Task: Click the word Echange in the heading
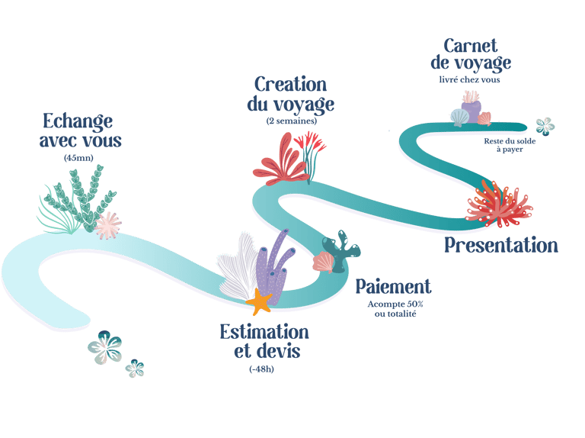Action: click(x=78, y=122)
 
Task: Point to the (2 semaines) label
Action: click(x=291, y=121)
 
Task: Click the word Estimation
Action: click(x=264, y=332)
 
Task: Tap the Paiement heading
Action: click(x=393, y=287)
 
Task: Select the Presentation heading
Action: click(x=500, y=245)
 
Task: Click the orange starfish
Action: click(x=261, y=303)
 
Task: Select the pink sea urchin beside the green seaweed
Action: click(x=107, y=224)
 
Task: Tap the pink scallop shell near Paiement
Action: click(x=324, y=262)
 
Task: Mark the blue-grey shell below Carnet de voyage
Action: click(x=459, y=117)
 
